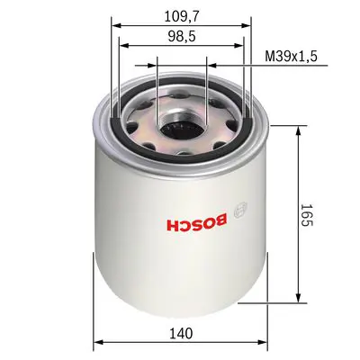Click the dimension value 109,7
[x=182, y=14]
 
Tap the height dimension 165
[x=308, y=216]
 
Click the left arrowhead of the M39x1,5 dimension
[x=209, y=65]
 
